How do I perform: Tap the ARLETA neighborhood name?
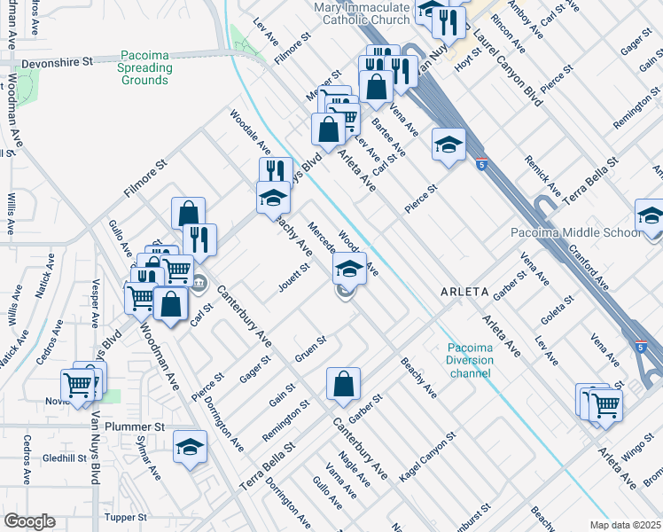pos(464,291)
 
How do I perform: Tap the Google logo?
pos(29,521)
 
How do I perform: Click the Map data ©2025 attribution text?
pos(625,525)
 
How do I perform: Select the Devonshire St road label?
pos(63,62)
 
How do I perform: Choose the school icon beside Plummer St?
pos(190,448)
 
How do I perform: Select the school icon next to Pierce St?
pos(449,145)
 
